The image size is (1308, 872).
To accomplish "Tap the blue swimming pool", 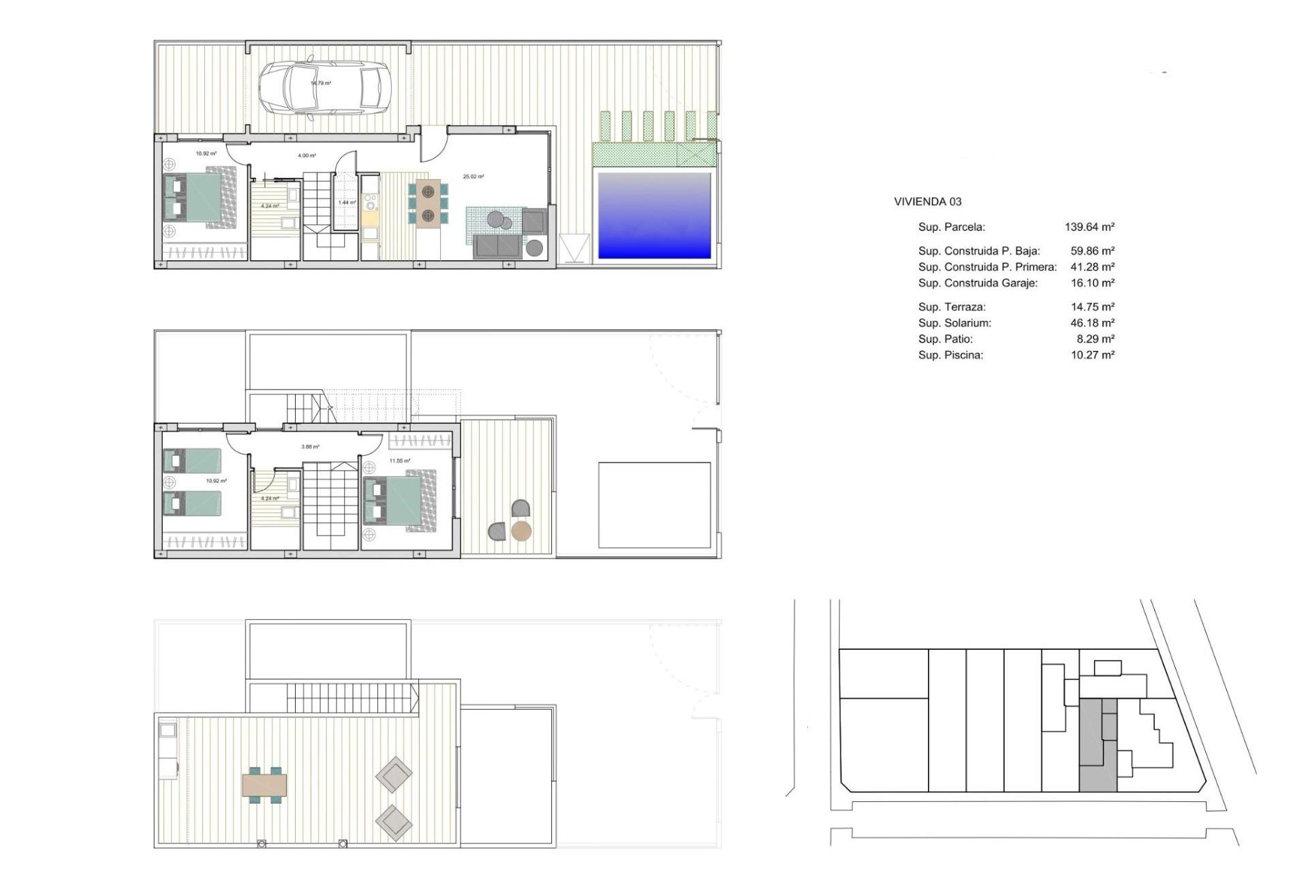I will tap(654, 215).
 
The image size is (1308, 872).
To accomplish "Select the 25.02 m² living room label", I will tap(473, 176).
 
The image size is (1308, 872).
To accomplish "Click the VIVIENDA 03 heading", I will tap(927, 202).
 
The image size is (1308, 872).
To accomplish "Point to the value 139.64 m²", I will tap(1089, 227).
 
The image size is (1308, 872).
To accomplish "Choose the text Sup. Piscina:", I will tap(950, 355).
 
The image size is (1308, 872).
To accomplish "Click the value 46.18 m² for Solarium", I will tap(1092, 323).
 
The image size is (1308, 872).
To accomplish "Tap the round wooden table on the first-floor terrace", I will tap(521, 531).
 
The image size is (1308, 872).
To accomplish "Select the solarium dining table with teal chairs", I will tap(264, 785).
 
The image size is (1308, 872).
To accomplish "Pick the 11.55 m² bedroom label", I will tap(400, 461).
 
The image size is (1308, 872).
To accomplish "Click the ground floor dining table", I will tap(428, 202).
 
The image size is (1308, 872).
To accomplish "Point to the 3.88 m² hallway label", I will tap(310, 447).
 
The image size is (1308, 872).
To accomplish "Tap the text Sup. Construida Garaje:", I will tap(978, 283).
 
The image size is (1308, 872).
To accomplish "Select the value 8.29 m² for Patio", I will tap(1095, 339).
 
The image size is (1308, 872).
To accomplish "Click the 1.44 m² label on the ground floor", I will tap(347, 202).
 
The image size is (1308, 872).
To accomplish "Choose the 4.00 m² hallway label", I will tap(307, 155).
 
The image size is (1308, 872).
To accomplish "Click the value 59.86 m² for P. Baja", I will tap(1092, 251).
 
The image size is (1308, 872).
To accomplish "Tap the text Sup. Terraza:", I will tap(952, 307).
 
